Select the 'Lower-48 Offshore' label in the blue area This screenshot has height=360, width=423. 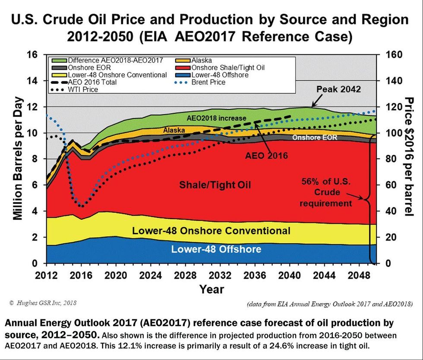pos(216,249)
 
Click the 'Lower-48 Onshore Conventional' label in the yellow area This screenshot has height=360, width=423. pos(211,231)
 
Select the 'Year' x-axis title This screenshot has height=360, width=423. pos(211,289)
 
